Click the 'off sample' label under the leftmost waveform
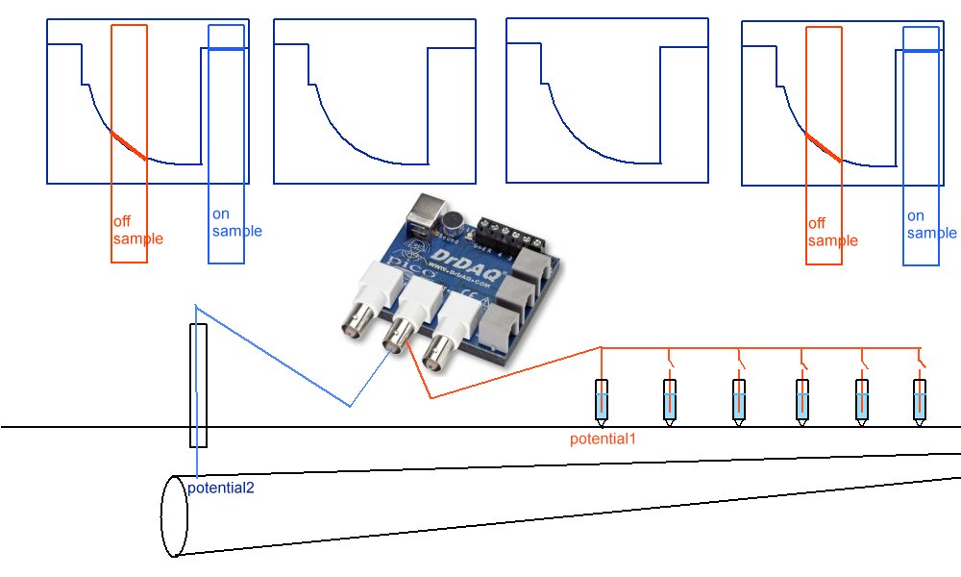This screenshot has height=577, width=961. (x=137, y=231)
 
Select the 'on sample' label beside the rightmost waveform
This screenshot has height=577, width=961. (x=931, y=224)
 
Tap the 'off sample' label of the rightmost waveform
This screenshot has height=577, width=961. (x=832, y=232)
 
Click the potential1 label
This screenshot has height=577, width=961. (x=603, y=439)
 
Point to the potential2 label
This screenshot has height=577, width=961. (x=221, y=488)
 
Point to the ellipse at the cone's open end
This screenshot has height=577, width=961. (x=173, y=515)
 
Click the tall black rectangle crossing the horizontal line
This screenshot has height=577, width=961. (x=198, y=386)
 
